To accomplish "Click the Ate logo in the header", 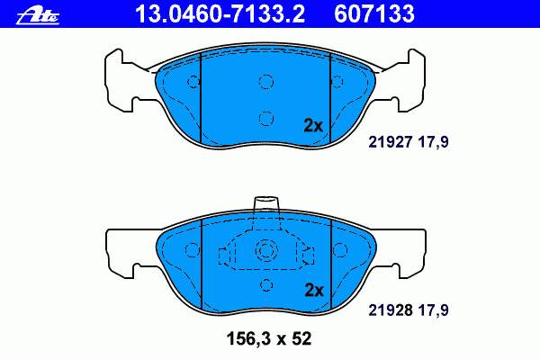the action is (x=38, y=15).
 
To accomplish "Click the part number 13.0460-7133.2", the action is (x=220, y=13).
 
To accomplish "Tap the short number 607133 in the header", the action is (x=374, y=13).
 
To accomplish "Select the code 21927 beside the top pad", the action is (x=391, y=141).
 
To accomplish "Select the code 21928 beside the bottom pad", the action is (x=391, y=310).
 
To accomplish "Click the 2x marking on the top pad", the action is (x=313, y=126).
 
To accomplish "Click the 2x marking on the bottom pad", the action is (x=314, y=291).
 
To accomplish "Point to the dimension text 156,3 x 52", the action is (x=269, y=338).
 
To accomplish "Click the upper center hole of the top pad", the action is (x=266, y=82).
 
